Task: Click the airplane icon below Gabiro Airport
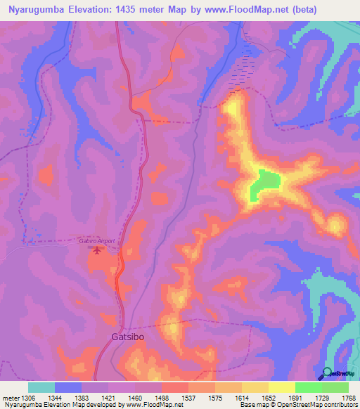pos(96,251)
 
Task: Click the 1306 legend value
pos(27,397)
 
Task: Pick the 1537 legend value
pos(188,397)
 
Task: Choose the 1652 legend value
pos(268,397)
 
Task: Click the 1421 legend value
pos(108,397)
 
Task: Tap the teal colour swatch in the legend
pos(41,387)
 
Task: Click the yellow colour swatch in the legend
pos(281,387)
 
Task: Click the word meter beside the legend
pos(9,397)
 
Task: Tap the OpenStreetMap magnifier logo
pos(328,372)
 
